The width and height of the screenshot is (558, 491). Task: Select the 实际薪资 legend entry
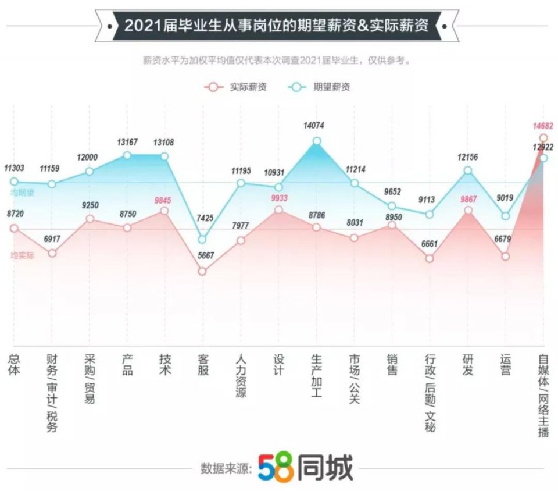(x=235, y=87)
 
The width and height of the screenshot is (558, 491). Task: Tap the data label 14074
(x=316, y=125)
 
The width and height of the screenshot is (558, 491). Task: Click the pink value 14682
(x=543, y=126)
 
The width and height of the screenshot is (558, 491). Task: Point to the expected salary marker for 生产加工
(x=317, y=141)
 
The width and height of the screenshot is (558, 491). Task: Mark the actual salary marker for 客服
(x=202, y=271)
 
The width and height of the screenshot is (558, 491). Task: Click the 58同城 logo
(x=305, y=467)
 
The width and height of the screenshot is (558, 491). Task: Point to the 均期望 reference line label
(x=22, y=193)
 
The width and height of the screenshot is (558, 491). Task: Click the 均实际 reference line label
(x=22, y=255)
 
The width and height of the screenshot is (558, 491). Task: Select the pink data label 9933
(x=278, y=198)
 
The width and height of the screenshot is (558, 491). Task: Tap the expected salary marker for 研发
(x=468, y=170)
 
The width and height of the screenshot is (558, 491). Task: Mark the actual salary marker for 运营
(x=506, y=256)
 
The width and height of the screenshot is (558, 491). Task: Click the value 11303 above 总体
(x=14, y=168)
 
